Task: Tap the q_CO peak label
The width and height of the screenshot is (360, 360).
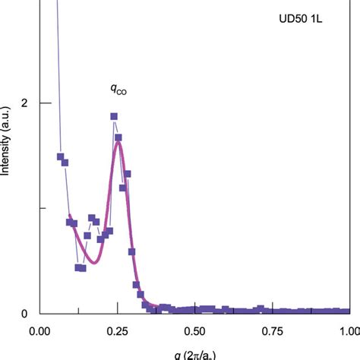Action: point(118,90)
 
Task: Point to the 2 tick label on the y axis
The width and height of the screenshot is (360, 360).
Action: point(24,103)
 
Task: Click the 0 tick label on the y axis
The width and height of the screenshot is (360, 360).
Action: point(24,314)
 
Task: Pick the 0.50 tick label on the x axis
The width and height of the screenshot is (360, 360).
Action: point(195,332)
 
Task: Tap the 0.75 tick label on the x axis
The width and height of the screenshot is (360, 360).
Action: point(273,332)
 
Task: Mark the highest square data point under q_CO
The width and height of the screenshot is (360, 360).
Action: point(114,116)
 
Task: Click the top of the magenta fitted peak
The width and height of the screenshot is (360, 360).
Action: point(118,142)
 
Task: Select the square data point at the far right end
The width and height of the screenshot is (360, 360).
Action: point(347,311)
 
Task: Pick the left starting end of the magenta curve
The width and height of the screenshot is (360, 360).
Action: point(71,216)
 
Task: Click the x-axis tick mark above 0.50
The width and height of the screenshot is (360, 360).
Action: point(195,309)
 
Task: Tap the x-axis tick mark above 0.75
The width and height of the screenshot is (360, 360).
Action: point(273,309)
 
